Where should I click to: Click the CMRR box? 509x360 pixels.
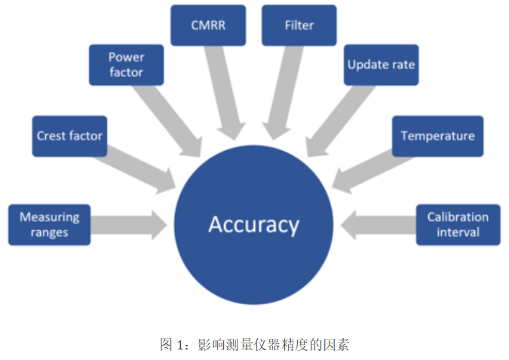[x=207, y=25]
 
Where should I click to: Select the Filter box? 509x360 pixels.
[x=299, y=25]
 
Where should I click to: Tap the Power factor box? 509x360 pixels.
[x=126, y=65]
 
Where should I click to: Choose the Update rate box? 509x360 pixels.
[x=381, y=65]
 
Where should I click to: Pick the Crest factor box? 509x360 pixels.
[x=69, y=136]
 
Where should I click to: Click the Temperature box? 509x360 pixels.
[x=437, y=136]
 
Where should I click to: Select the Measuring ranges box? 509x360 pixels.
[x=50, y=224]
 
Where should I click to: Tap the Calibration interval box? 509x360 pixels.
[x=458, y=224]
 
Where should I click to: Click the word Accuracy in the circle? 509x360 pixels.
[x=253, y=224]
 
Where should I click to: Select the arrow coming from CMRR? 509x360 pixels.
[x=222, y=94]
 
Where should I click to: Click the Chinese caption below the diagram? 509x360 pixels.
[x=254, y=345]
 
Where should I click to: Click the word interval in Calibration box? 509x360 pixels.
[x=458, y=232]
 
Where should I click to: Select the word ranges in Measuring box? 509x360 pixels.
[x=50, y=232]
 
